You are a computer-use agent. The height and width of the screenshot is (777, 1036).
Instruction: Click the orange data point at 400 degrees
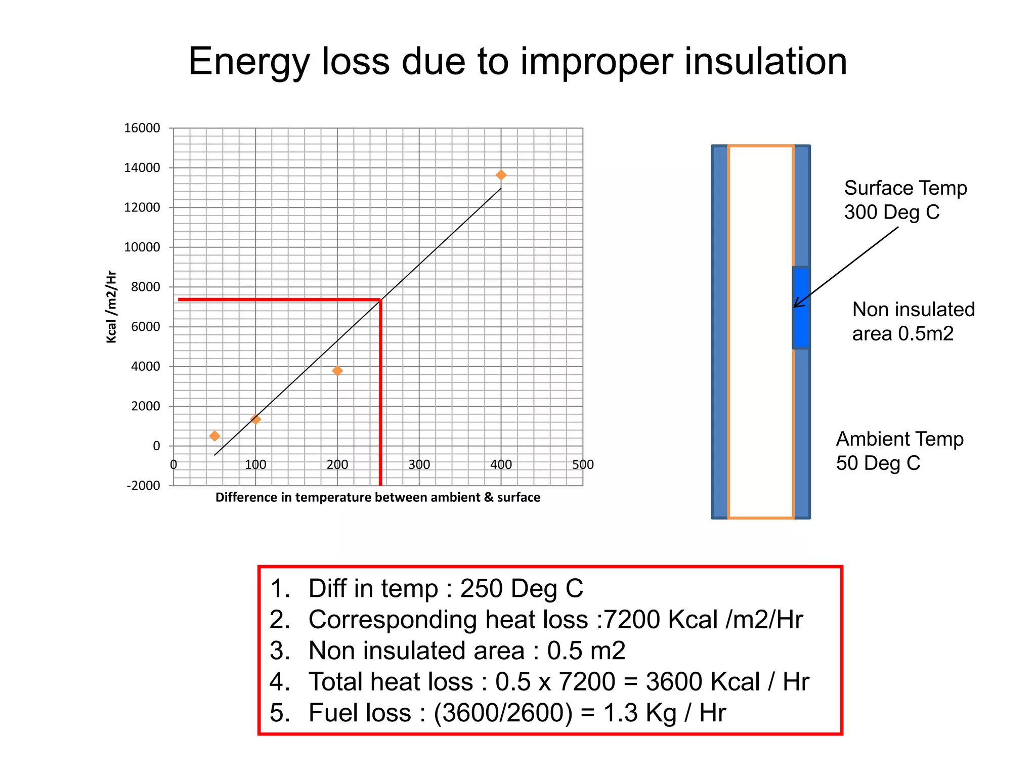tap(501, 175)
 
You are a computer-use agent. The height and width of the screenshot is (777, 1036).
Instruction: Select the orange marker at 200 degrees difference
tap(337, 371)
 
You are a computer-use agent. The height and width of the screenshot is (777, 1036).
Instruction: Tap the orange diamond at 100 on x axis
tap(255, 419)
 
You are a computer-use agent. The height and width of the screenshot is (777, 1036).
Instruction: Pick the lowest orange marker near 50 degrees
tap(214, 436)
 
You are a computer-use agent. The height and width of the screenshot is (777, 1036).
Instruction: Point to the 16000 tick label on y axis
tap(142, 128)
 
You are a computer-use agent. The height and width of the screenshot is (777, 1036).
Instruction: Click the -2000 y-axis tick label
tap(143, 486)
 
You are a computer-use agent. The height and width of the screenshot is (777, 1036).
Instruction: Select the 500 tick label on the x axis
tap(583, 464)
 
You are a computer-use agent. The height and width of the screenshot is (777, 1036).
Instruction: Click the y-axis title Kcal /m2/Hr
tap(111, 307)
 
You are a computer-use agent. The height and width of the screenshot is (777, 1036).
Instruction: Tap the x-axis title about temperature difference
tap(377, 497)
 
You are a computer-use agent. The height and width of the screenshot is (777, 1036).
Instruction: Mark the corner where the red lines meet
tap(380, 300)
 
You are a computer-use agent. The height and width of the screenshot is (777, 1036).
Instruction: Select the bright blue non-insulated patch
tap(800, 308)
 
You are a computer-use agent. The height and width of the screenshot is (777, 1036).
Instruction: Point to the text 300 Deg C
tap(891, 212)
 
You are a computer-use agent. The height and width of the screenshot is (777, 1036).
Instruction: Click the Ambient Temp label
tap(899, 439)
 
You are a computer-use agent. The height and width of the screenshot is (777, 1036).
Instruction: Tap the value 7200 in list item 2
tap(632, 620)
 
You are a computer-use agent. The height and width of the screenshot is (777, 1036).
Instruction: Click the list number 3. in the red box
tap(280, 651)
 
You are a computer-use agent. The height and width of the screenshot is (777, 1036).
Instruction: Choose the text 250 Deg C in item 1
tap(521, 589)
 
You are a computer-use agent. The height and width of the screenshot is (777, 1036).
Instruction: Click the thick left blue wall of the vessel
tap(720, 332)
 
